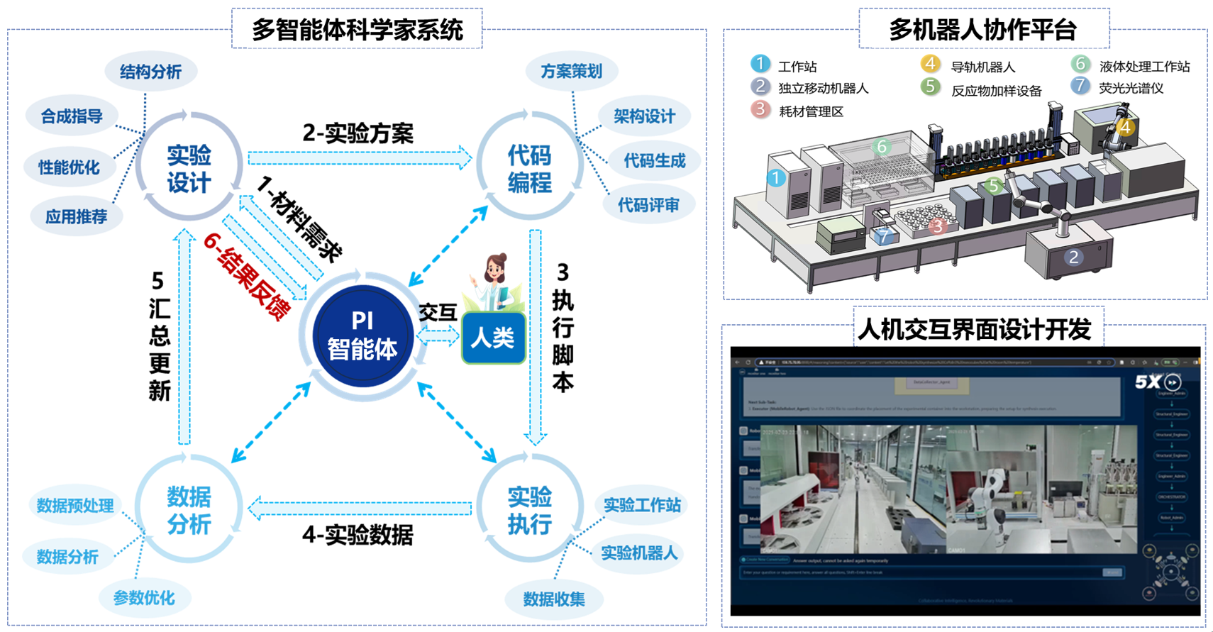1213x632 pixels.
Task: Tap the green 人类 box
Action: click(494, 338)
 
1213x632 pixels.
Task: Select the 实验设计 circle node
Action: click(189, 168)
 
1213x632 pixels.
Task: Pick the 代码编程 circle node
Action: click(529, 168)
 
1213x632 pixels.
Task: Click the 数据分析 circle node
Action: click(189, 509)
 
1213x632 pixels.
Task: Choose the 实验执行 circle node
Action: click(529, 509)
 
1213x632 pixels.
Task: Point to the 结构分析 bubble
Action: click(150, 72)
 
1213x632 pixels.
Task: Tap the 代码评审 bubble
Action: click(648, 206)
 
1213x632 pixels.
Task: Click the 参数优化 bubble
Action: click(144, 598)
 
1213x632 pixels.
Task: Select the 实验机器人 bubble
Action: click(639, 553)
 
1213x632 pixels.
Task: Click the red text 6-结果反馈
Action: click(246, 277)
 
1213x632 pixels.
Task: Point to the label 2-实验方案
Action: click(358, 133)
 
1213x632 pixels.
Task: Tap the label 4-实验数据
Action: click(358, 535)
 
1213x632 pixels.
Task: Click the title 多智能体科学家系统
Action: click(357, 30)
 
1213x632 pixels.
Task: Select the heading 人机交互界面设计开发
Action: click(974, 329)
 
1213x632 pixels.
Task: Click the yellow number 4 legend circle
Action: click(930, 65)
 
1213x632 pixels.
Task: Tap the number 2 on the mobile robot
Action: click(1073, 257)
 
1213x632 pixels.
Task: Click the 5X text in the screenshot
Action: click(1147, 382)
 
